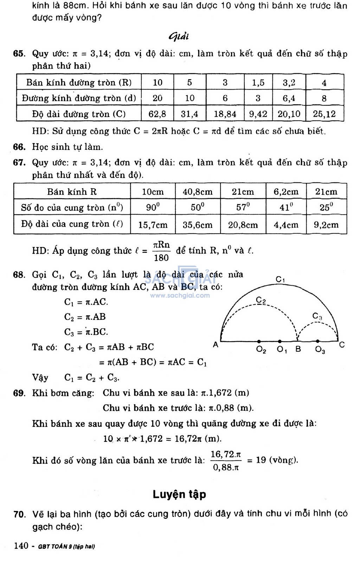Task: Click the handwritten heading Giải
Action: point(179,37)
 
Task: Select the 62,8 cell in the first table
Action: point(157,114)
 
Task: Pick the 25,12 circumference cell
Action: point(324,114)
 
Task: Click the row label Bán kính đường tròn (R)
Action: point(79,83)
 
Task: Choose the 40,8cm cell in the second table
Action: point(198,192)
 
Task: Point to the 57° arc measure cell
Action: point(243,207)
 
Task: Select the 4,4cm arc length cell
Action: point(286,225)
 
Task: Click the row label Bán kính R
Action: point(72,192)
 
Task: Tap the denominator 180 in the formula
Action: point(161,258)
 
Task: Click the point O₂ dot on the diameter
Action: point(259,341)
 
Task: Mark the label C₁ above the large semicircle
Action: point(280,280)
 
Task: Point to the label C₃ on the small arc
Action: point(317,316)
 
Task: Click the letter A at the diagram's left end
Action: point(216,345)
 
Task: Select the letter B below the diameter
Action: point(298,350)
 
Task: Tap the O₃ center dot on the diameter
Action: point(318,341)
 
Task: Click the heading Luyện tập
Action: point(179,494)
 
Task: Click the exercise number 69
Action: point(19,393)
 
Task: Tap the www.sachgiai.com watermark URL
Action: point(180,296)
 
